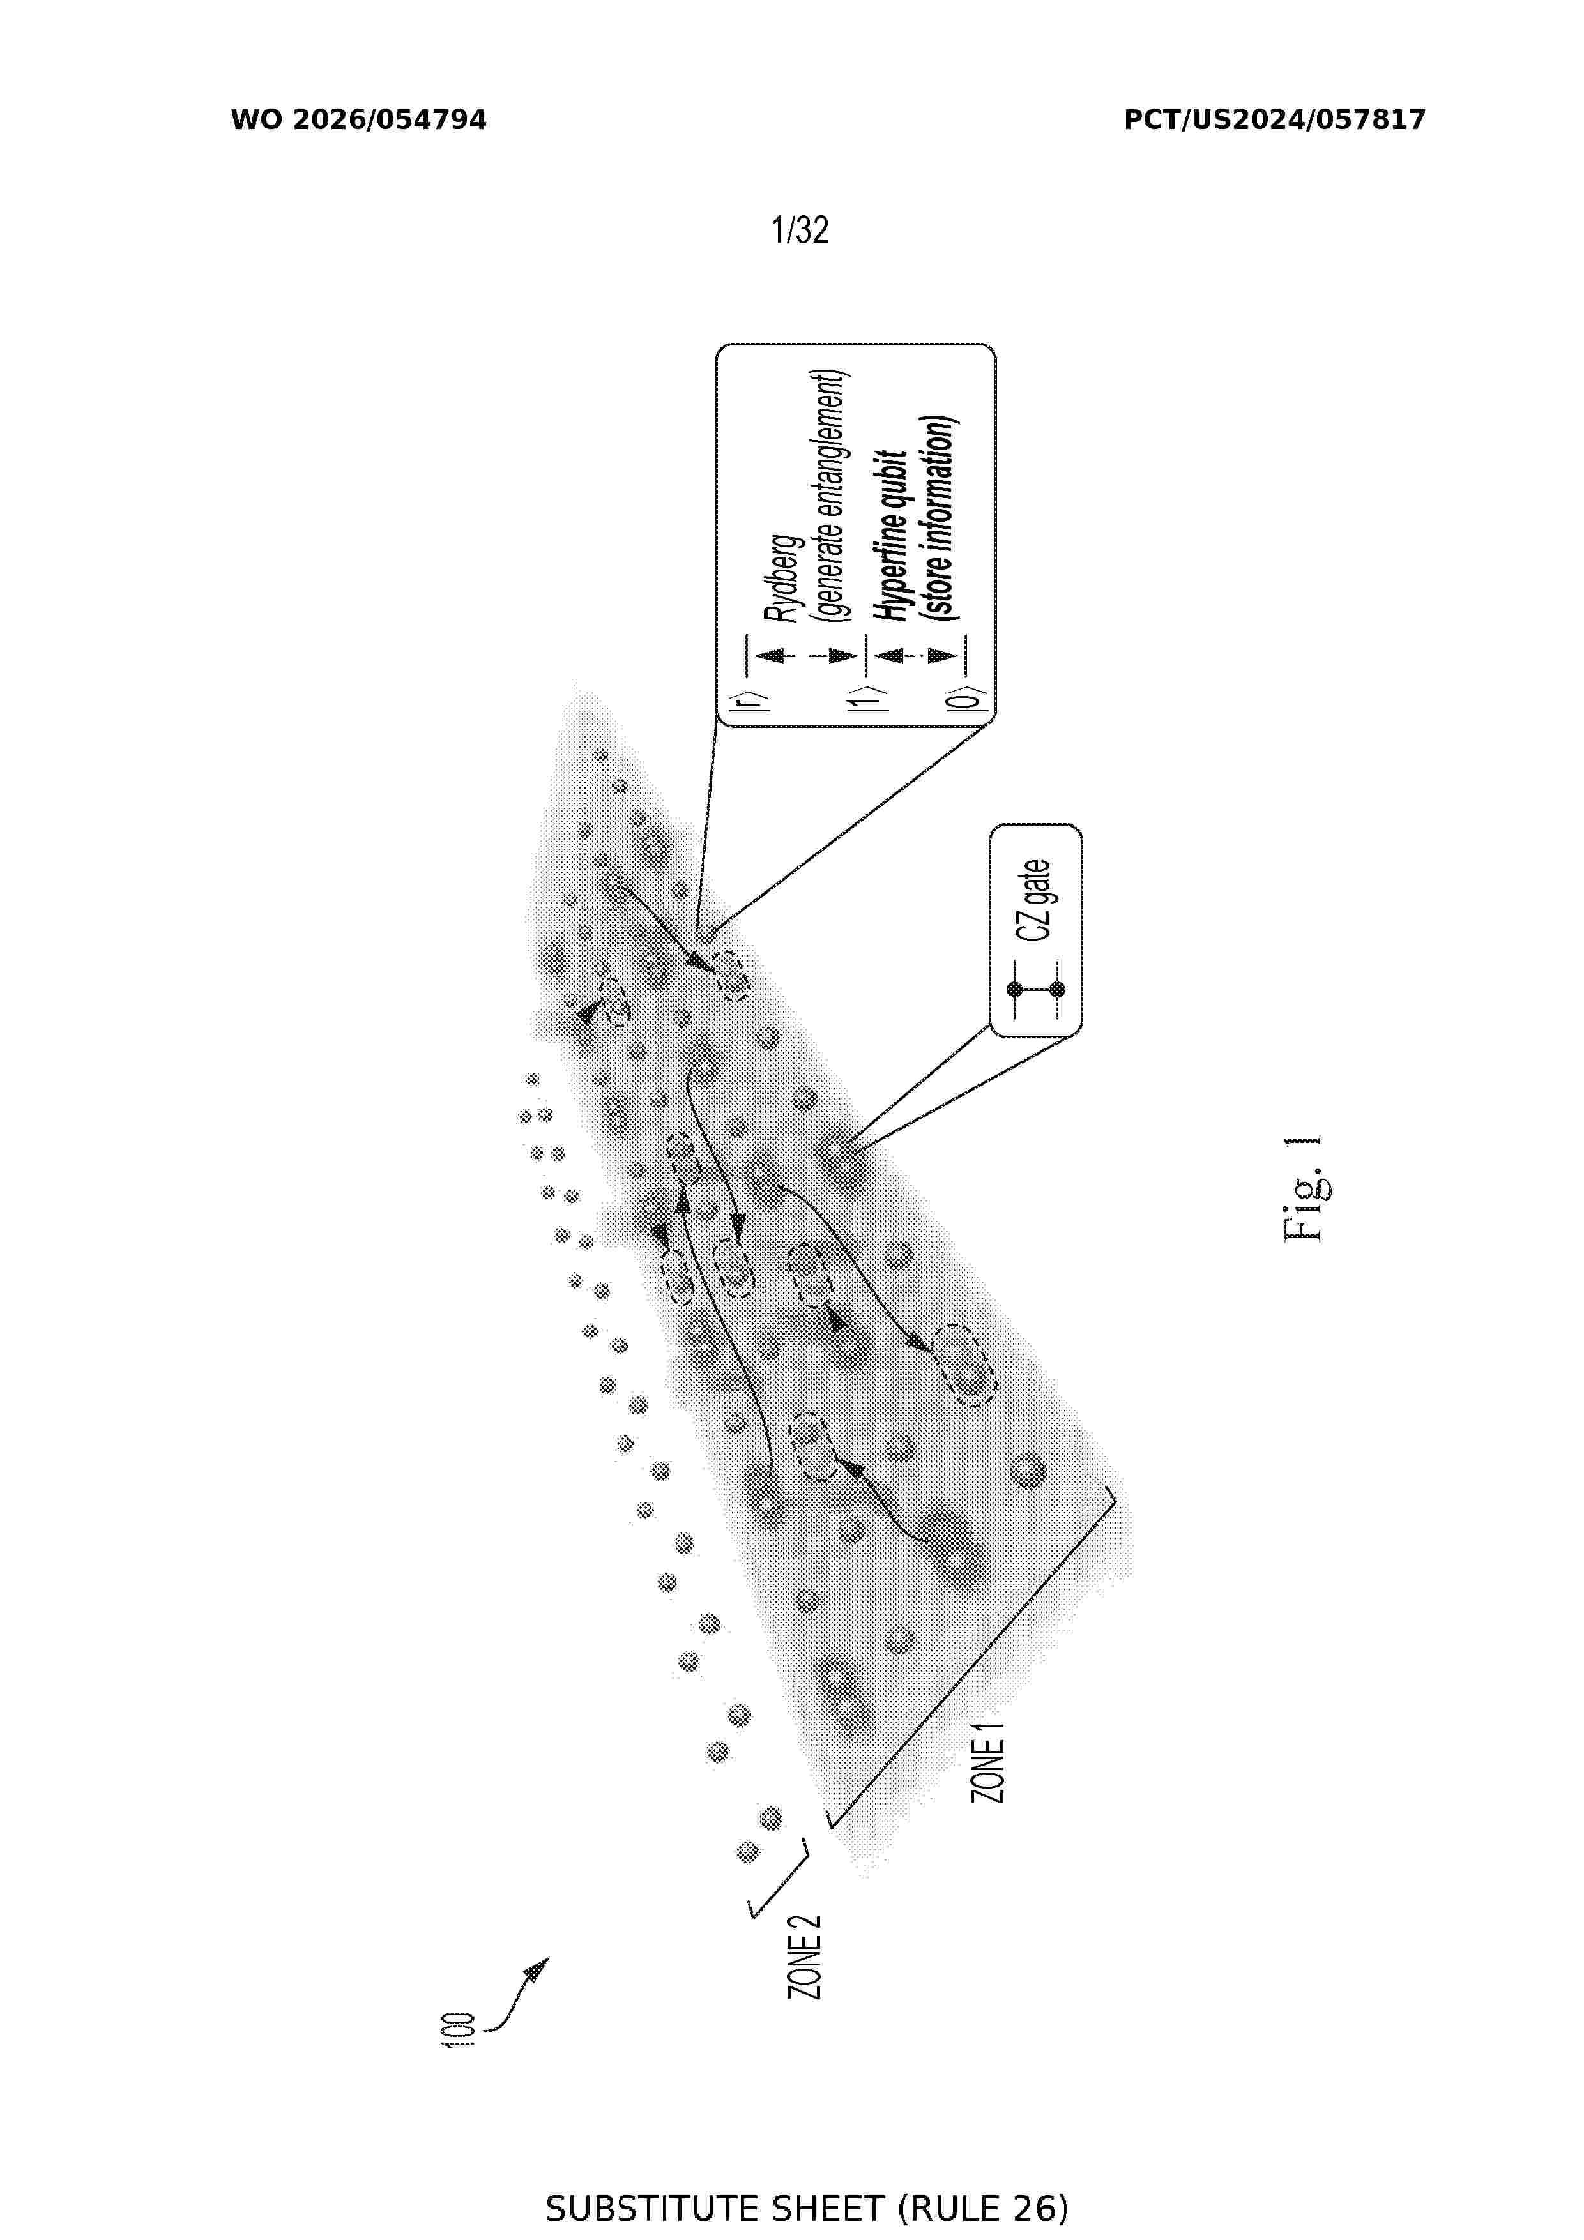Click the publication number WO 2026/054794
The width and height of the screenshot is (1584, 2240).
[358, 120]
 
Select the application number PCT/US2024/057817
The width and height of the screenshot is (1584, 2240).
[1275, 120]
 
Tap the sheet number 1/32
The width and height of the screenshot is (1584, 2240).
[799, 231]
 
